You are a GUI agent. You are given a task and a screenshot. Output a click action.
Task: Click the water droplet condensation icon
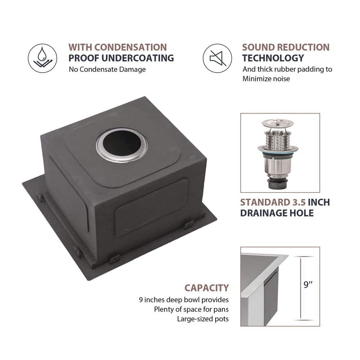click(42, 58)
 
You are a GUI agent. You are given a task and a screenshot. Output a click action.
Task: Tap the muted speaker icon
click(217, 58)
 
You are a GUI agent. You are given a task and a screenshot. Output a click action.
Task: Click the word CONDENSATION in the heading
click(131, 47)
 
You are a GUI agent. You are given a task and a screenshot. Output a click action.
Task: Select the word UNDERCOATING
click(138, 58)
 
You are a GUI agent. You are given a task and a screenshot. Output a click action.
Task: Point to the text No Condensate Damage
click(107, 69)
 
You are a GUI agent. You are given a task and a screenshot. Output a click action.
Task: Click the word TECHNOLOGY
click(273, 58)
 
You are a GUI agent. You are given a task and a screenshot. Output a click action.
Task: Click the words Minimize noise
click(266, 79)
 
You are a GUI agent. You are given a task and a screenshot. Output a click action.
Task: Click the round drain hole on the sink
click(122, 145)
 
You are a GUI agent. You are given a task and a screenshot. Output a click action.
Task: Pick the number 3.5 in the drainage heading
click(299, 202)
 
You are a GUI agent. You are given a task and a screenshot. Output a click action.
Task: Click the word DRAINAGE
click(264, 213)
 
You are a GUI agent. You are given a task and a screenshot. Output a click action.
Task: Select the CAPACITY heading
click(207, 288)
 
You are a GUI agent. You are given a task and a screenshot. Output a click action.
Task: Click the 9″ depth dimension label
click(308, 284)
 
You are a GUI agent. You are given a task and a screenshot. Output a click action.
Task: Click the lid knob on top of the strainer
click(278, 122)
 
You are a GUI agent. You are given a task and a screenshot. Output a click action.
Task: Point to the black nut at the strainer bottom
click(278, 184)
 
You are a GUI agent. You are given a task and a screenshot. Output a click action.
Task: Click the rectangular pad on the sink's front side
click(151, 208)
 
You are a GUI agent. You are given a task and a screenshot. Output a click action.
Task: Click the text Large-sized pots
click(203, 319)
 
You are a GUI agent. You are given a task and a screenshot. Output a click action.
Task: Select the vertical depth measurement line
click(301, 288)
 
